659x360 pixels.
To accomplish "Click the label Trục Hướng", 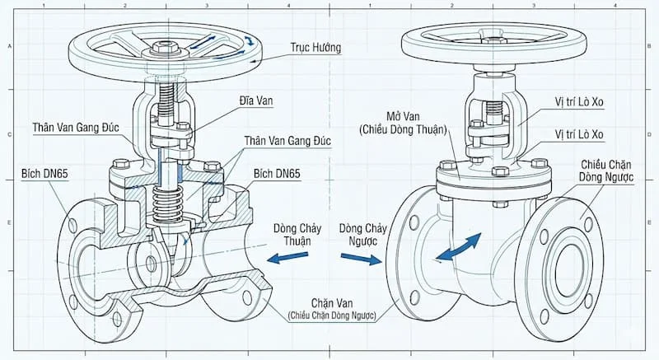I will (x=315, y=48).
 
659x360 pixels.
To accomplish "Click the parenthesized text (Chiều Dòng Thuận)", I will (x=403, y=129).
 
